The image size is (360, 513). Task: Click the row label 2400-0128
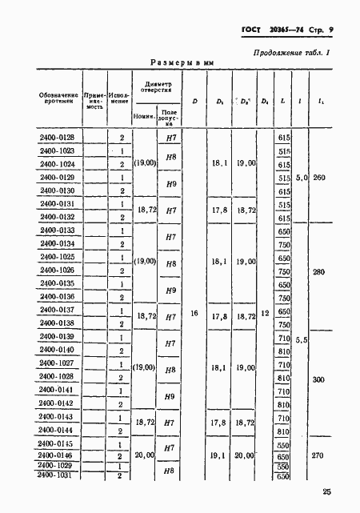(x=56, y=138)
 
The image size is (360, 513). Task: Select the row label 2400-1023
(x=56, y=151)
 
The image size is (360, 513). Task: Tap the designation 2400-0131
(x=56, y=204)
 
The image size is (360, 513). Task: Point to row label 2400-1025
(x=56, y=257)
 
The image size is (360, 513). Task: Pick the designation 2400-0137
(x=56, y=310)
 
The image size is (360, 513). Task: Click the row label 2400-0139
(x=56, y=336)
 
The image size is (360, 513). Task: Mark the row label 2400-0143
(x=56, y=416)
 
